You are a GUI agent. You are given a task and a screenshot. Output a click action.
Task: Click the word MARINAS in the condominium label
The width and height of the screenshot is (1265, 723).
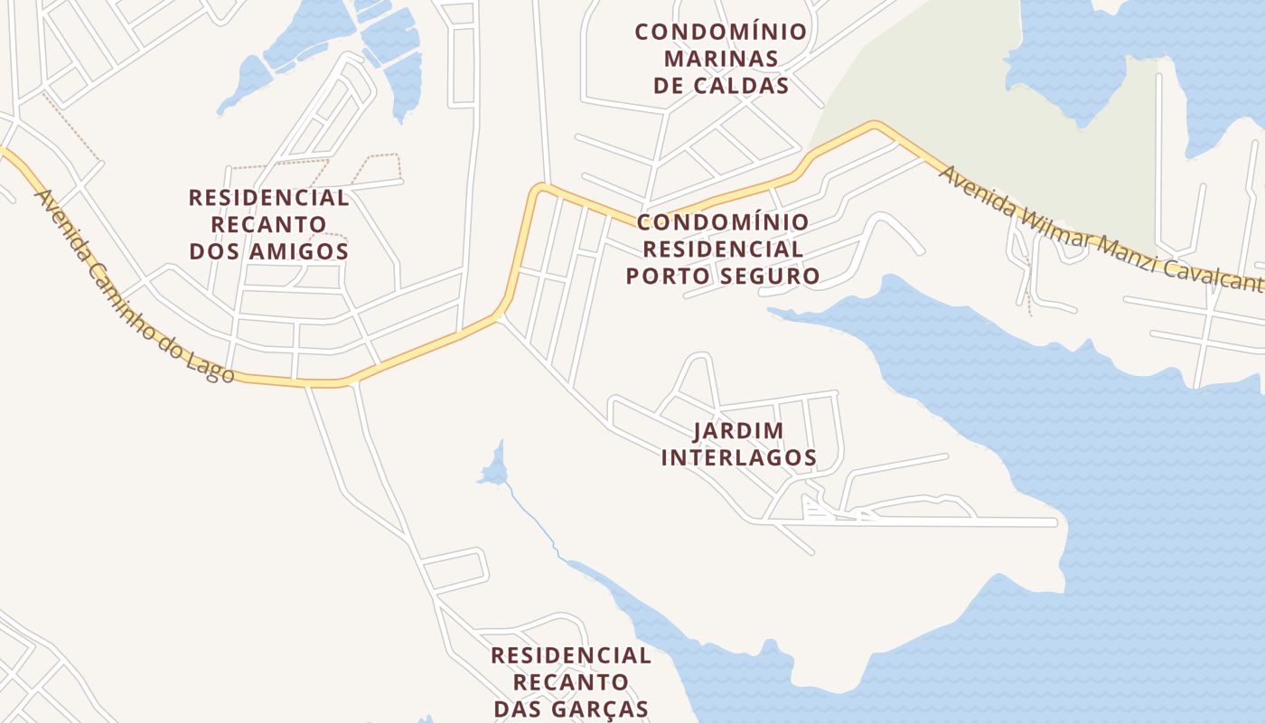pyautogui.click(x=721, y=59)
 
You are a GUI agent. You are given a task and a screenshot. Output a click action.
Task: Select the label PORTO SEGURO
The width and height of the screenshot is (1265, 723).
pyautogui.click(x=723, y=276)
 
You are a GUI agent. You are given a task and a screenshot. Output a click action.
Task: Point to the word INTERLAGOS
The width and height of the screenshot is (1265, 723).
pyautogui.click(x=739, y=458)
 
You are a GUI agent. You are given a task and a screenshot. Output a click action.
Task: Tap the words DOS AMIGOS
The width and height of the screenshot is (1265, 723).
pyautogui.click(x=269, y=251)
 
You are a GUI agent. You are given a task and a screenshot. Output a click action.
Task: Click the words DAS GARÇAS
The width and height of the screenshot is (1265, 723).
pyautogui.click(x=571, y=709)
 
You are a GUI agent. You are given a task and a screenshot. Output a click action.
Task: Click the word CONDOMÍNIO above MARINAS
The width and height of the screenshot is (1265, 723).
pyautogui.click(x=721, y=32)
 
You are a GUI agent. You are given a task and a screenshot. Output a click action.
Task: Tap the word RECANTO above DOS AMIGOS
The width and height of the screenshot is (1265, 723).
pyautogui.click(x=268, y=224)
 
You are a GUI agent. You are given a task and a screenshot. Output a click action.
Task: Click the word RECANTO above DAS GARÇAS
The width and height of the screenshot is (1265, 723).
pyautogui.click(x=571, y=681)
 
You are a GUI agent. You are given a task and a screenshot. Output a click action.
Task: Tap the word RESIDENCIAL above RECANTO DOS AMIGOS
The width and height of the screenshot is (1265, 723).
pyautogui.click(x=268, y=197)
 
